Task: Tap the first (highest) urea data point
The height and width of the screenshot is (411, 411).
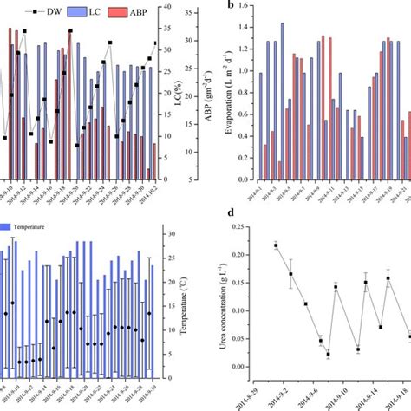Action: tap(276, 245)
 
